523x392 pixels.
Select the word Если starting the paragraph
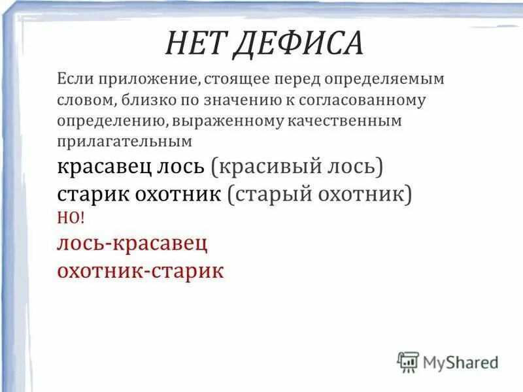tap(74, 80)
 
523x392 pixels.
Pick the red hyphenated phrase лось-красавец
tap(133, 243)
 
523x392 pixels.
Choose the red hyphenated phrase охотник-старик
tap(140, 269)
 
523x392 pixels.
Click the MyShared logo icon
tap(408, 361)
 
